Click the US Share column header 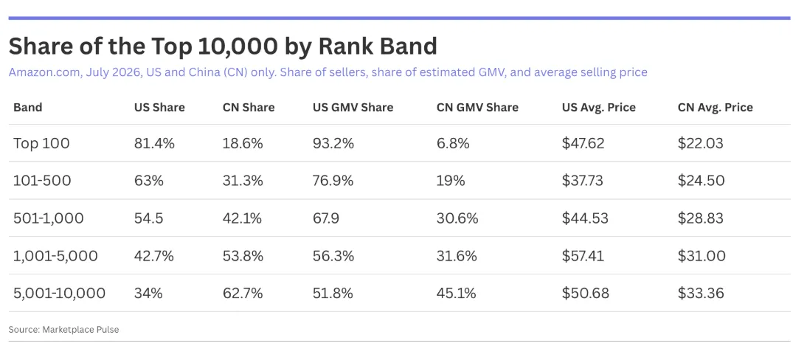tap(159, 108)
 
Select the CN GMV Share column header tap(477, 108)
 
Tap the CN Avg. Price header tap(716, 108)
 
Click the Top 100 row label tap(41, 143)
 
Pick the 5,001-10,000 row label tap(59, 294)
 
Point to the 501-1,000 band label tap(49, 218)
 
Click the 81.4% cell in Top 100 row tap(154, 143)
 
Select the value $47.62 tap(583, 143)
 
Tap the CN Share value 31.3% tap(243, 181)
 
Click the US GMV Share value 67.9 tap(326, 218)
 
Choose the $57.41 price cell tap(583, 256)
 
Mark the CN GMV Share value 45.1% tap(457, 294)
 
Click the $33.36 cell tap(701, 294)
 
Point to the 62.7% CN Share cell tap(243, 294)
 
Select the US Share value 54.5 tap(149, 218)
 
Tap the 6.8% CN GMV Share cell tap(453, 143)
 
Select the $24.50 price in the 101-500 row tap(701, 181)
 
